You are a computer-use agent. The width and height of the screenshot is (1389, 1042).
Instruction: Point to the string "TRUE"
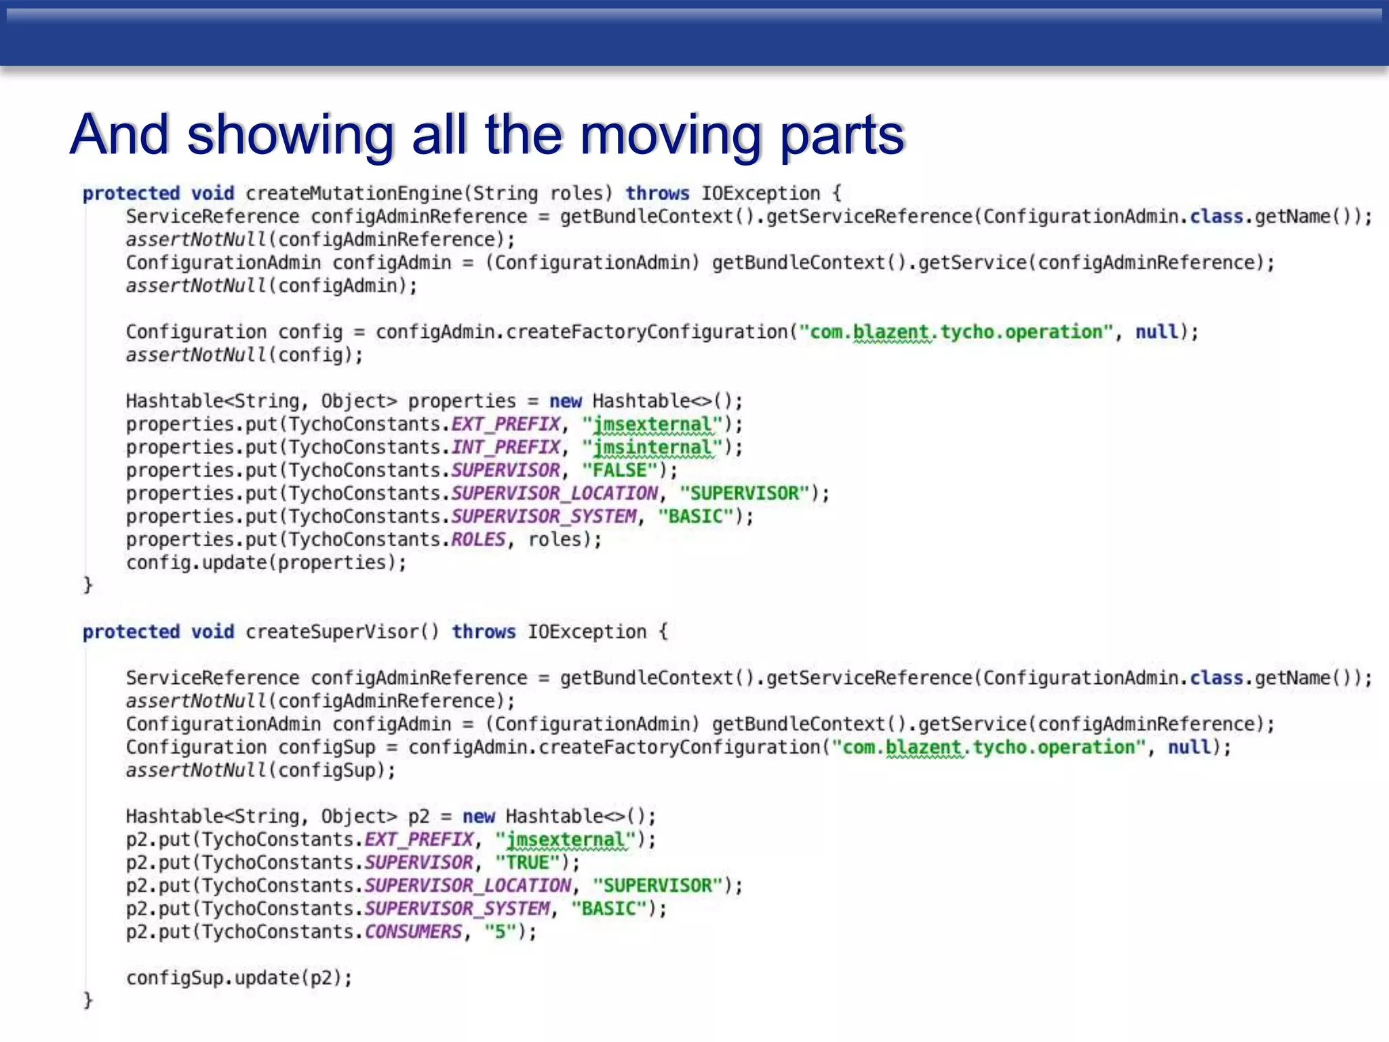coord(527,863)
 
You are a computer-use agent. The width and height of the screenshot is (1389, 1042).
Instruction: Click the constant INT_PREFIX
coord(506,448)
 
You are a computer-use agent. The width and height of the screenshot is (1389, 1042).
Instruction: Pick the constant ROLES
coord(478,540)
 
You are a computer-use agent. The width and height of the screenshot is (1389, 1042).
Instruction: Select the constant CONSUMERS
coord(413,932)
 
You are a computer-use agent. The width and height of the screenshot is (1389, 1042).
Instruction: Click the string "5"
coord(500,932)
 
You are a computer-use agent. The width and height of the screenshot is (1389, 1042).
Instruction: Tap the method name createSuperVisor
coord(332,632)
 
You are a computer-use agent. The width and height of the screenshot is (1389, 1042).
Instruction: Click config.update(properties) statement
coord(266,563)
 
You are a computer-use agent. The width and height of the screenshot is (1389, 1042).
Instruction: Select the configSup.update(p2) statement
coord(239,978)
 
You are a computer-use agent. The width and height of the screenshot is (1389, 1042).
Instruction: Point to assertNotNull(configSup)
coord(260,771)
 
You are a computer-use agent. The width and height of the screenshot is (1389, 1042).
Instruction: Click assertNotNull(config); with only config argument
coord(244,355)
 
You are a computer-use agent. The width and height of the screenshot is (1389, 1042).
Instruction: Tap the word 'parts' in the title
coord(842,134)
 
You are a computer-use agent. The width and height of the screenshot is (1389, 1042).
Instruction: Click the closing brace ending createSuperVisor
coord(87,1000)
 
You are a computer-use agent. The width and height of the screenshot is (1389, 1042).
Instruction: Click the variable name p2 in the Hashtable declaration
coord(418,817)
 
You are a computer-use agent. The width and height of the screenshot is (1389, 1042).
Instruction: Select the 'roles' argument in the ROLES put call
coord(555,540)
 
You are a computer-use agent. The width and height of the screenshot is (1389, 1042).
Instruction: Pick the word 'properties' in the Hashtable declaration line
coord(461,402)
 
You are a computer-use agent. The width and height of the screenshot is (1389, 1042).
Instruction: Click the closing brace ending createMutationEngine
coord(87,585)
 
